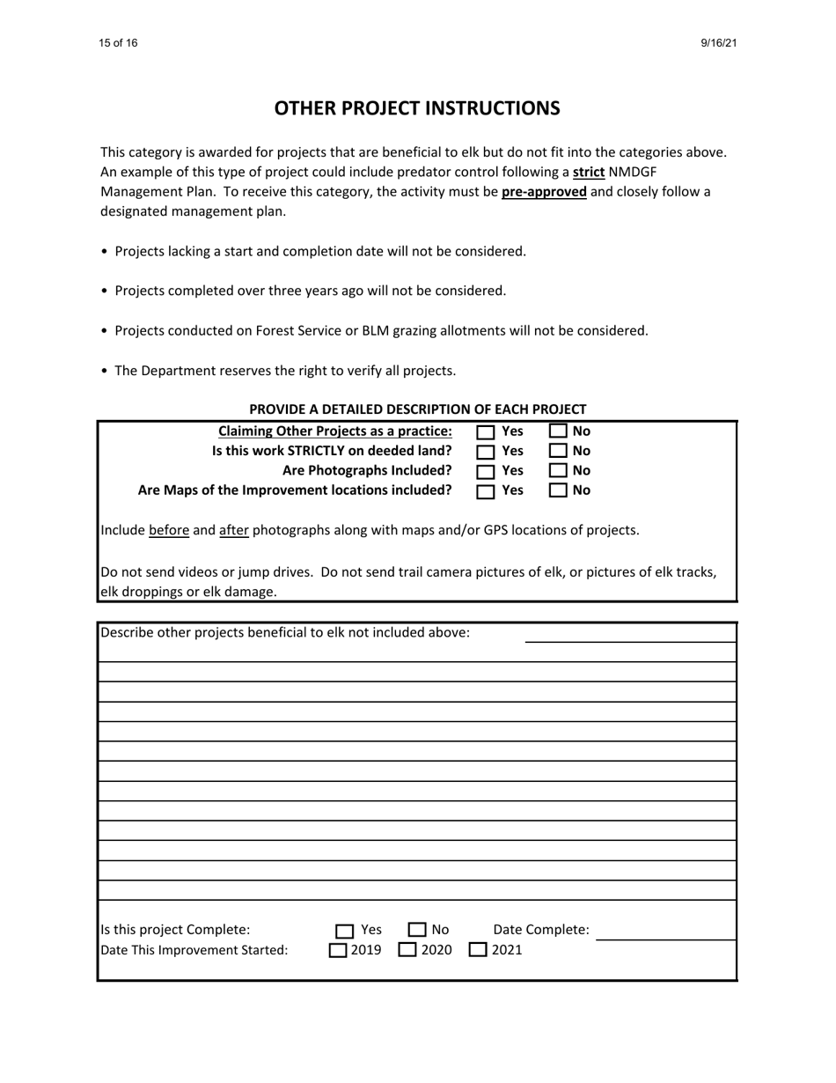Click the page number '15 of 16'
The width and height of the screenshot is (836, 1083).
(x=118, y=43)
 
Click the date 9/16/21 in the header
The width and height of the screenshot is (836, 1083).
(x=718, y=43)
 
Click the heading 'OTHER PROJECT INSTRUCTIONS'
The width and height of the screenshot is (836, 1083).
(x=417, y=108)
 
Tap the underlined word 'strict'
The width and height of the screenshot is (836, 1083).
(x=588, y=172)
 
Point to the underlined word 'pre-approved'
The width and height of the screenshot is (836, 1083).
(x=544, y=192)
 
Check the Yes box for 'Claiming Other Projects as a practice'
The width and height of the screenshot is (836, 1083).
(x=486, y=432)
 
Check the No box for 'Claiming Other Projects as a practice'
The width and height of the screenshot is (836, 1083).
(x=559, y=431)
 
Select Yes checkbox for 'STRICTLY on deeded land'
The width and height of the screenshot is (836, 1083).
(x=486, y=452)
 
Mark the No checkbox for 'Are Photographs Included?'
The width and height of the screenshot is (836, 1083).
(x=559, y=471)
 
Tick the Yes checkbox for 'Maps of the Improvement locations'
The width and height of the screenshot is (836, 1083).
(x=486, y=491)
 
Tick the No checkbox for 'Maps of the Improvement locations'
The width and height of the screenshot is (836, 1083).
(x=559, y=490)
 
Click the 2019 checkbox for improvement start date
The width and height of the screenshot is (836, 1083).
(x=338, y=950)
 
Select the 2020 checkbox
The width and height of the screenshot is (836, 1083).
(x=407, y=950)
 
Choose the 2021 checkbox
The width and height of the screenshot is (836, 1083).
(x=477, y=950)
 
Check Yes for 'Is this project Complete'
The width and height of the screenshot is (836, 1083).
(x=344, y=931)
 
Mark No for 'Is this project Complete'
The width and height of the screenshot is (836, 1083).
(x=417, y=930)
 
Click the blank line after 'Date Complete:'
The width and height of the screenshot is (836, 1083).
(x=665, y=932)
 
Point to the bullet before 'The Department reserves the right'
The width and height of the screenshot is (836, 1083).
(x=105, y=371)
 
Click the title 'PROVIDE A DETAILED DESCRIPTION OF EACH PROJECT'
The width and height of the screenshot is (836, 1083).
(x=417, y=409)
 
